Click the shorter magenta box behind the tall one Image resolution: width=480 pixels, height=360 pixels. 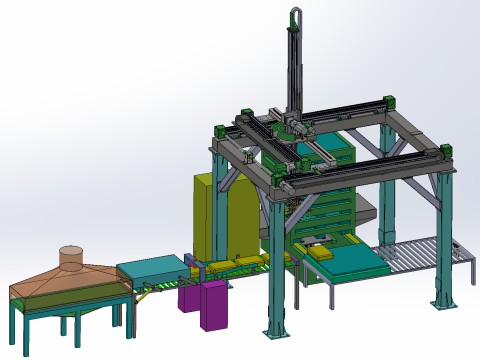188,298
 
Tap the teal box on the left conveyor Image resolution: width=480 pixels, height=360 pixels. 150,270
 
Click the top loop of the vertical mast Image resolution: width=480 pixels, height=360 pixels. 297,14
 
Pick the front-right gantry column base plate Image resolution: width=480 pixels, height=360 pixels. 441,301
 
